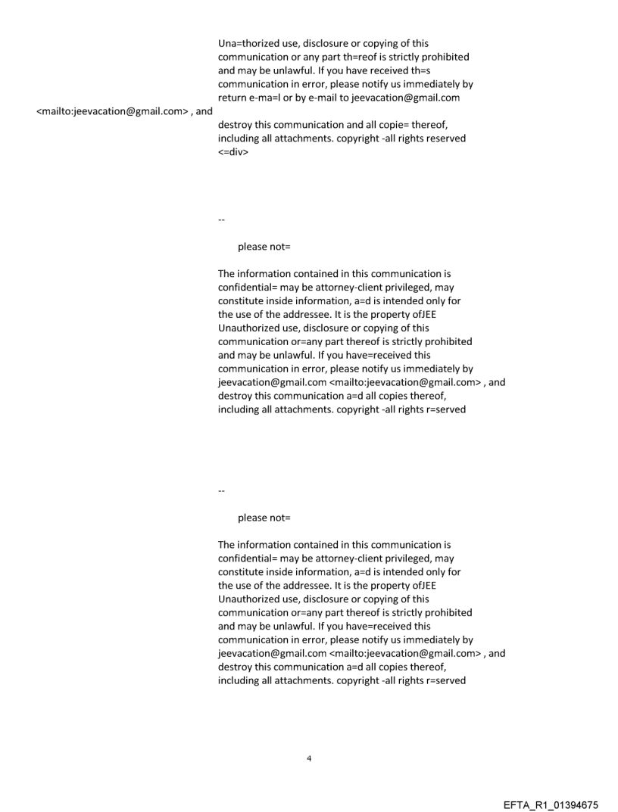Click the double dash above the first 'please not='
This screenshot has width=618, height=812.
pyautogui.click(x=221, y=220)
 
